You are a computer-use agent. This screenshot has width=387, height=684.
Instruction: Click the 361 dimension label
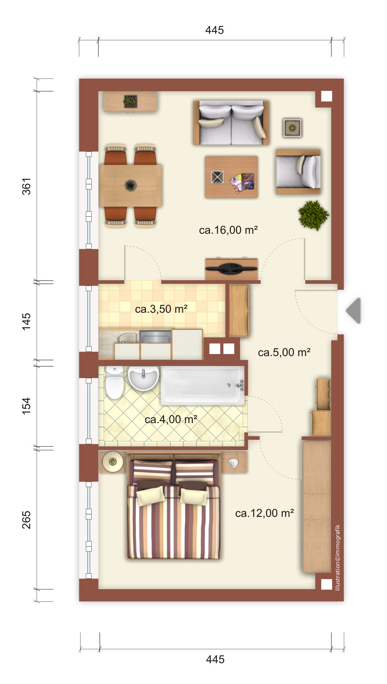tap(27, 186)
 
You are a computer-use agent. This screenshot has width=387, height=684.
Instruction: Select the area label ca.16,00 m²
tap(228, 230)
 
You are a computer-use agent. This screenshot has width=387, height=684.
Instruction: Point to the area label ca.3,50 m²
tap(161, 309)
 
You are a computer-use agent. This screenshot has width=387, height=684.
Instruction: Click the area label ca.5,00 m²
tap(284, 353)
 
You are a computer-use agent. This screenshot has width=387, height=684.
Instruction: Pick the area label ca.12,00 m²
tap(265, 513)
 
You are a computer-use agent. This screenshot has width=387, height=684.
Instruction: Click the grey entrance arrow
tap(354, 311)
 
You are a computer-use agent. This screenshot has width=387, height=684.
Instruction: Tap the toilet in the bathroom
tap(115, 383)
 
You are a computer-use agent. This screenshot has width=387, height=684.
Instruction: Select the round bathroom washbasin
tap(143, 378)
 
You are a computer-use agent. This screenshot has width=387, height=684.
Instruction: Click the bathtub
tap(203, 385)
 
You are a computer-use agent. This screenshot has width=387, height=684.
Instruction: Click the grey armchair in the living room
tap(298, 172)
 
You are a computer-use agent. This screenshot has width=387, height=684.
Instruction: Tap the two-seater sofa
tap(231, 123)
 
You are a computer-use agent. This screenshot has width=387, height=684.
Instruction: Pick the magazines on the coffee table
tap(242, 182)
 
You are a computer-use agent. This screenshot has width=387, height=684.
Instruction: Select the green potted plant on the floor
tap(313, 215)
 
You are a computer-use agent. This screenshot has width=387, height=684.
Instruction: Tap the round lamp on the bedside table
tap(113, 462)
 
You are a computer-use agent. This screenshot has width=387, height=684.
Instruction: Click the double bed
tap(173, 506)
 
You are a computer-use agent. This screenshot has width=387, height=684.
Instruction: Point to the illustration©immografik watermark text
tap(338, 557)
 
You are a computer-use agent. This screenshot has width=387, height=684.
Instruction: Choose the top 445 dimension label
tap(215, 30)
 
